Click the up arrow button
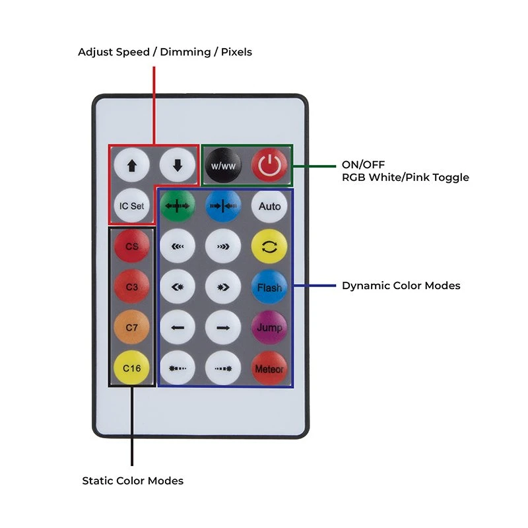[x=132, y=166]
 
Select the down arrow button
[x=177, y=166]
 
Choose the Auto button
[x=269, y=206]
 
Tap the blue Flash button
[x=269, y=288]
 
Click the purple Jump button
[x=269, y=327]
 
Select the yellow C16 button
[x=132, y=368]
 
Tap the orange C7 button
[x=132, y=327]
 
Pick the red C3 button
[x=132, y=288]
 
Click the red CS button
[x=132, y=247]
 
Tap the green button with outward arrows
[x=178, y=206]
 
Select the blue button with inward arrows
[x=223, y=206]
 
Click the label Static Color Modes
[x=133, y=480]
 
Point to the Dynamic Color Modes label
[x=401, y=286]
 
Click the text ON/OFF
[x=363, y=164]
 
